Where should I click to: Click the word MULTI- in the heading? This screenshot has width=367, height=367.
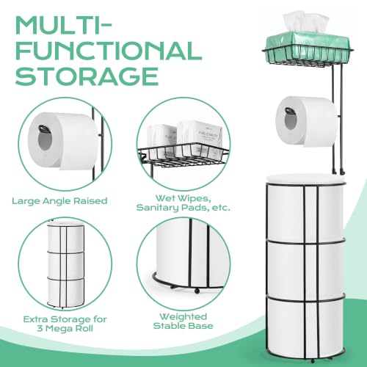pyautogui.click(x=64, y=26)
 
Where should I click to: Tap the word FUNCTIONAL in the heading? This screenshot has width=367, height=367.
pyautogui.click(x=109, y=51)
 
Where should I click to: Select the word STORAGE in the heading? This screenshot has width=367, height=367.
pyautogui.click(x=87, y=76)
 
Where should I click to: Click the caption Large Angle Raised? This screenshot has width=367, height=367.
pyautogui.click(x=59, y=201)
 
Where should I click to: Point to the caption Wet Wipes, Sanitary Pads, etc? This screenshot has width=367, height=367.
pyautogui.click(x=183, y=203)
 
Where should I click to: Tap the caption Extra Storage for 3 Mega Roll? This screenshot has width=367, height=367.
pyautogui.click(x=65, y=324)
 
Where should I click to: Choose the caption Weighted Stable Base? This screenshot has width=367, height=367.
pyautogui.click(x=183, y=321)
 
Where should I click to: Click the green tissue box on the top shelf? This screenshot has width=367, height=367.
pyautogui.click(x=308, y=47)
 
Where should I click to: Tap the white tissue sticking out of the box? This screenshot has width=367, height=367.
pyautogui.click(x=305, y=22)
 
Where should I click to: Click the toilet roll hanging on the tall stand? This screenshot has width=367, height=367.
pyautogui.click(x=306, y=121)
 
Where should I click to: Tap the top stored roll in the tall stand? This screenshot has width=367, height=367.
pyautogui.click(x=305, y=208)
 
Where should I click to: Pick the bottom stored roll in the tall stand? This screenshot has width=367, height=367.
pyautogui.click(x=305, y=328)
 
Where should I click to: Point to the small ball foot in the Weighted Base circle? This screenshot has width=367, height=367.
pyautogui.click(x=196, y=291)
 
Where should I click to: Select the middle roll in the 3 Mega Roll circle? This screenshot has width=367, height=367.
pyautogui.click(x=65, y=265)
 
